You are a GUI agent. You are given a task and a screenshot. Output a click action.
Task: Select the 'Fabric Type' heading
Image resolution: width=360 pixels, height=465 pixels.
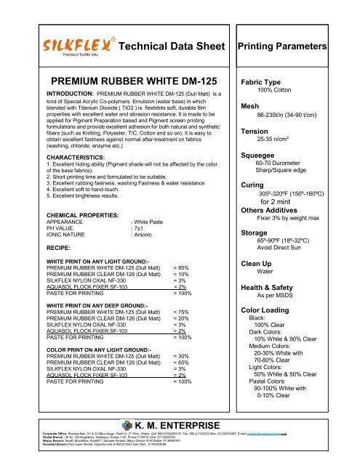266,83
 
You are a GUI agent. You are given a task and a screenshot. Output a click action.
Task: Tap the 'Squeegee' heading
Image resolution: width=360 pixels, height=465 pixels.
263,155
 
